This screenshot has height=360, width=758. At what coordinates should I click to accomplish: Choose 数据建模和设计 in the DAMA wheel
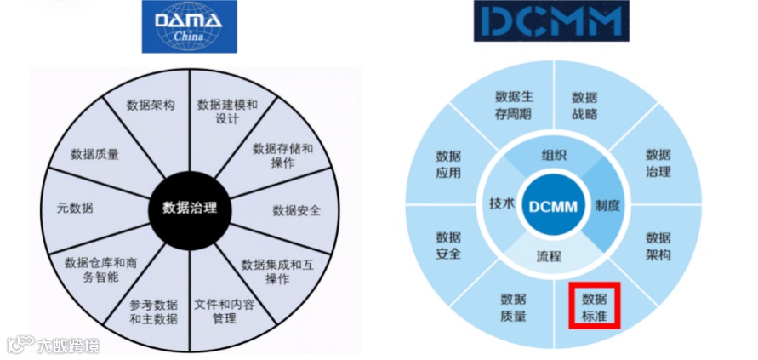coord(227,111)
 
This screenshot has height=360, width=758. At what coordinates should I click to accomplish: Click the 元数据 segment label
coord(75,207)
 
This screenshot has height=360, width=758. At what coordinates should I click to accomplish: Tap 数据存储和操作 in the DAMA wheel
coord(283,155)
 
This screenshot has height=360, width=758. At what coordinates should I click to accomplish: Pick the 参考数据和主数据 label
coord(153,312)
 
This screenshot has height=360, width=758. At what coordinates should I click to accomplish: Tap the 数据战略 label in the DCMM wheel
coord(584,106)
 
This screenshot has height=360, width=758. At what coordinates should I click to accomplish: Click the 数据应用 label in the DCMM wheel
coord(448,163)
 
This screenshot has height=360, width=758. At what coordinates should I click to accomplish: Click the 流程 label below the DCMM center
coord(549,255)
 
